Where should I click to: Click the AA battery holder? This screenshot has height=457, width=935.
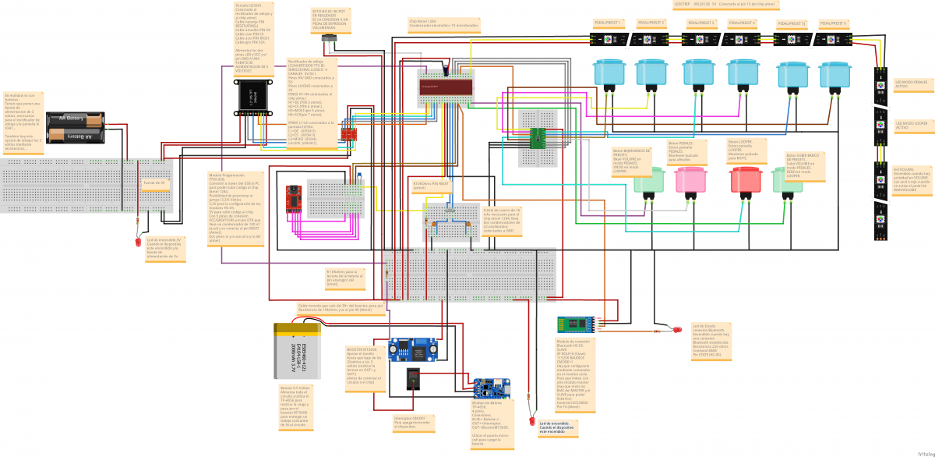tap(76, 127)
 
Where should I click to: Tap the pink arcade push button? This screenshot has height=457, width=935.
tap(690, 179)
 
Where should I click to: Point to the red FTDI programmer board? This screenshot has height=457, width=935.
tap(295, 198)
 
